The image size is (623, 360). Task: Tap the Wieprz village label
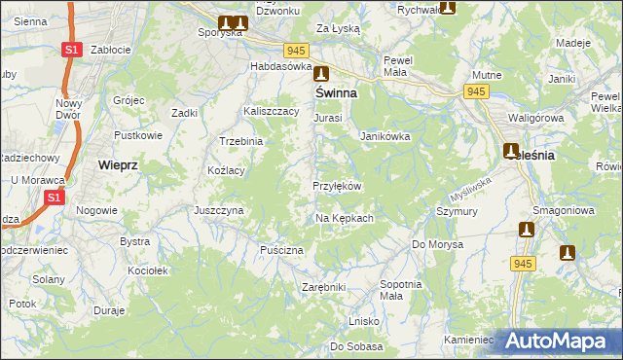118,165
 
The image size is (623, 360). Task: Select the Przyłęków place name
337,186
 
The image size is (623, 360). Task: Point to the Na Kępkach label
344,218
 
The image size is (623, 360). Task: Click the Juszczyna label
218,210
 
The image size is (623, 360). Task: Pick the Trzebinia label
241,141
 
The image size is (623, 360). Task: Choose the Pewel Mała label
398,65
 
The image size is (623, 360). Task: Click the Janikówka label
385,137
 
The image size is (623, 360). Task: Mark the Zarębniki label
324,288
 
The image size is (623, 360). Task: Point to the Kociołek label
149,270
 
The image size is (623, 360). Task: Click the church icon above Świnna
320,71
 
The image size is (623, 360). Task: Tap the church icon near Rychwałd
447,8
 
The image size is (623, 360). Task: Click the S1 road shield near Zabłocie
70,49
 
